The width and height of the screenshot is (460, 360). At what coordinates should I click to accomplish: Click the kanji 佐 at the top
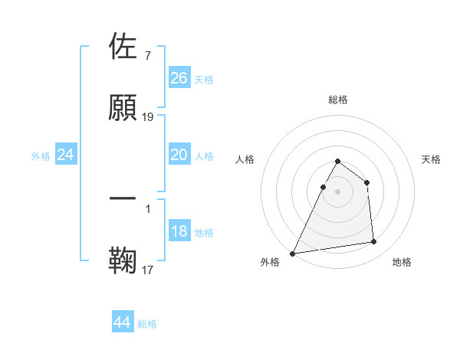tap(123, 47)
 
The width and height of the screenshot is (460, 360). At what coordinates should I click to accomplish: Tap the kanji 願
tap(123, 108)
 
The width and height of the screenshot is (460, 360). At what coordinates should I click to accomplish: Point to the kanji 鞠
tap(123, 260)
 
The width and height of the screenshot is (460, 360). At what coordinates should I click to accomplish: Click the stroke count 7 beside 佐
tap(147, 56)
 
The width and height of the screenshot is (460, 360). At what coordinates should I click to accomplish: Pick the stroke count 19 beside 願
tap(148, 117)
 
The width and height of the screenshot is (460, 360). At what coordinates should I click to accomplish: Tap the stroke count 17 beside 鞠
tap(148, 270)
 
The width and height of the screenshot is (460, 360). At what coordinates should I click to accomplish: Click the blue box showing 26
tap(179, 78)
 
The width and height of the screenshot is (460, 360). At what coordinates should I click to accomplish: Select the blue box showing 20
tap(179, 155)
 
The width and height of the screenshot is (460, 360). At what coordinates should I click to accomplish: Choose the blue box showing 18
tap(179, 231)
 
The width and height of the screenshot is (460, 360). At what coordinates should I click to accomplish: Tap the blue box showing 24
tap(66, 155)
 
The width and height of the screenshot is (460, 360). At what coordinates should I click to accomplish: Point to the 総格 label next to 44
tap(147, 324)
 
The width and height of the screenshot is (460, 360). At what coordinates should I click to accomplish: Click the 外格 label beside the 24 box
tap(41, 156)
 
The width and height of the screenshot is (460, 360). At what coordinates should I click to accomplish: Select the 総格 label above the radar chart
tap(337, 100)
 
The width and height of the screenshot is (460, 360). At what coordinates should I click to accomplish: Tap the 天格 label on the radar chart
tap(431, 159)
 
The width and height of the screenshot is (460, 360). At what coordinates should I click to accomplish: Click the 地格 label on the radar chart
tap(402, 263)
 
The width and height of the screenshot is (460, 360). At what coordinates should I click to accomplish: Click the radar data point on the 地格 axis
tap(374, 242)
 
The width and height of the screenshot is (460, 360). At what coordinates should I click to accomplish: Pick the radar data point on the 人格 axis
tap(323, 187)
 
